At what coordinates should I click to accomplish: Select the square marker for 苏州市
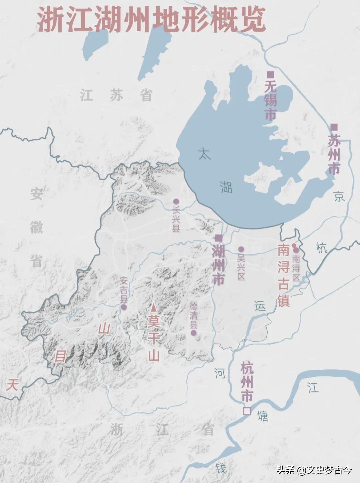334,127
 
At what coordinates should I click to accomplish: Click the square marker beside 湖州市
218,238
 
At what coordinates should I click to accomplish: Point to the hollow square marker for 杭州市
247,411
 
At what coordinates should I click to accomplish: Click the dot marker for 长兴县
176,202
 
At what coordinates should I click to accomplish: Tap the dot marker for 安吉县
124,307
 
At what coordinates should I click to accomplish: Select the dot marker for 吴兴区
241,249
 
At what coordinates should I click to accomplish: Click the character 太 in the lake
204,154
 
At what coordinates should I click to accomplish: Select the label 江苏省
116,96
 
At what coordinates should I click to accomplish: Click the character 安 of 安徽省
36,194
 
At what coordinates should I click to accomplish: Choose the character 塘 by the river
263,416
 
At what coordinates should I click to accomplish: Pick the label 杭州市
247,382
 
